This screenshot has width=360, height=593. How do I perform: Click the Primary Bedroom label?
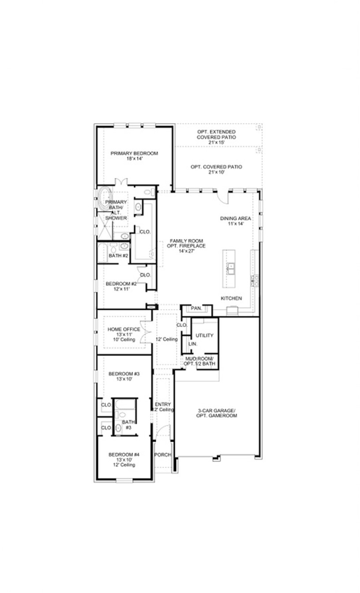pos(134,153)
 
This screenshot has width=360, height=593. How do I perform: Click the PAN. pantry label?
pos(196,308)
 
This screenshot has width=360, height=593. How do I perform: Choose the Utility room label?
pos(205,335)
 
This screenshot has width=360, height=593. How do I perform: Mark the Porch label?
pos(162,454)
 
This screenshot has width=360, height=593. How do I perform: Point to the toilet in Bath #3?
pos(122,415)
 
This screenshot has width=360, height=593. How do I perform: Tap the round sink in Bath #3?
pos(118,428)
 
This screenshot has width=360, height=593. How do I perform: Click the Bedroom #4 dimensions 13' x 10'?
pos(124,460)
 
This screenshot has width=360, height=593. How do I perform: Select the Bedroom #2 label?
pos(121,284)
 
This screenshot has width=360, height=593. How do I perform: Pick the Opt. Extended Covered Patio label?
pos(216,135)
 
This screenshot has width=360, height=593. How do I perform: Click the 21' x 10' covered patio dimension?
pos(216,173)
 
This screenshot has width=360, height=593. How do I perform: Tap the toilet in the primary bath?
pos(149,192)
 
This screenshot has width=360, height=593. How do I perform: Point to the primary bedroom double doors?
pos(121,182)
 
